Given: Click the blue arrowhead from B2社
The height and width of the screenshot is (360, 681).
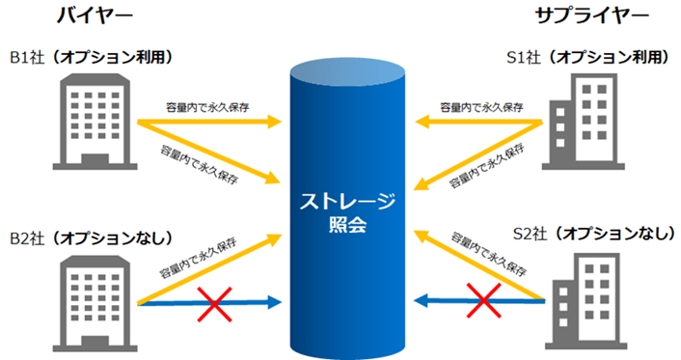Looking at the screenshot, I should [275, 303].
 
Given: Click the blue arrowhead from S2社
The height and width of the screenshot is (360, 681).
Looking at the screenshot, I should [422, 301].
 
